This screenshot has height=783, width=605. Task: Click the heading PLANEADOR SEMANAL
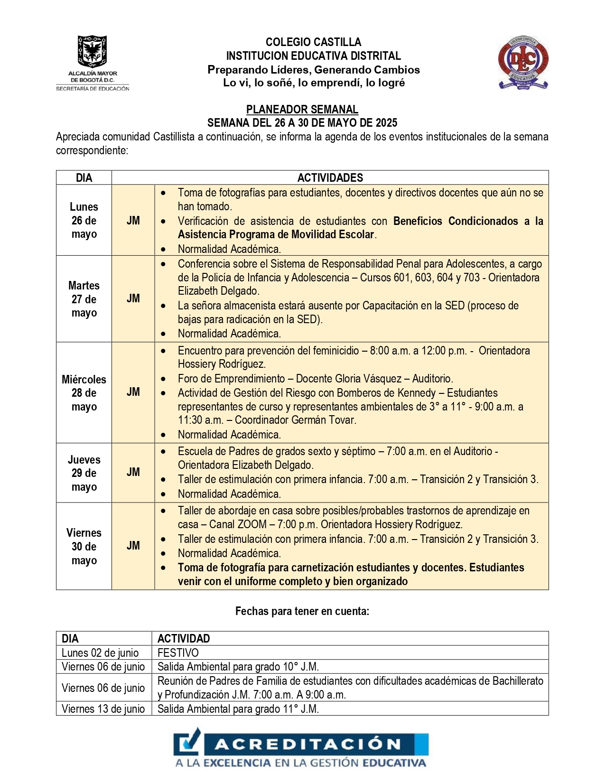pos(302,110)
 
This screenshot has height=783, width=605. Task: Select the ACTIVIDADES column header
pos(330,178)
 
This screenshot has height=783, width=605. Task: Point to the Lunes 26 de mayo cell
pos(84,220)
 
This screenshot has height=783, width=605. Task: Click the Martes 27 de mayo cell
pos(84,299)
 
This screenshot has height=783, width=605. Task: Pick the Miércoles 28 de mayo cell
pos(84,393)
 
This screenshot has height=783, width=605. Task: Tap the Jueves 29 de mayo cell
pos(84,473)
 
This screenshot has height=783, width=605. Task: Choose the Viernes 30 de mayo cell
pos(84,546)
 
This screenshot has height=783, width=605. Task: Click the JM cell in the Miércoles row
pos(133,392)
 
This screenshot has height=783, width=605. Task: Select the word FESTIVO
pos(178,653)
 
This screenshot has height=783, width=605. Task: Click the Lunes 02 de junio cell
pos(100,653)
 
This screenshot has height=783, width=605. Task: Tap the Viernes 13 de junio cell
pos(103,709)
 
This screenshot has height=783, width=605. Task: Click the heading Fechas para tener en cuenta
pos(302,611)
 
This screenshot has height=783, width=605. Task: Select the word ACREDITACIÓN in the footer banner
pos(308,744)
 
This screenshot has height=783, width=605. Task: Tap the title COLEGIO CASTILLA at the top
pos(313,42)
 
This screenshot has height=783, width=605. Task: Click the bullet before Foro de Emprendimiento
pos(163,379)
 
